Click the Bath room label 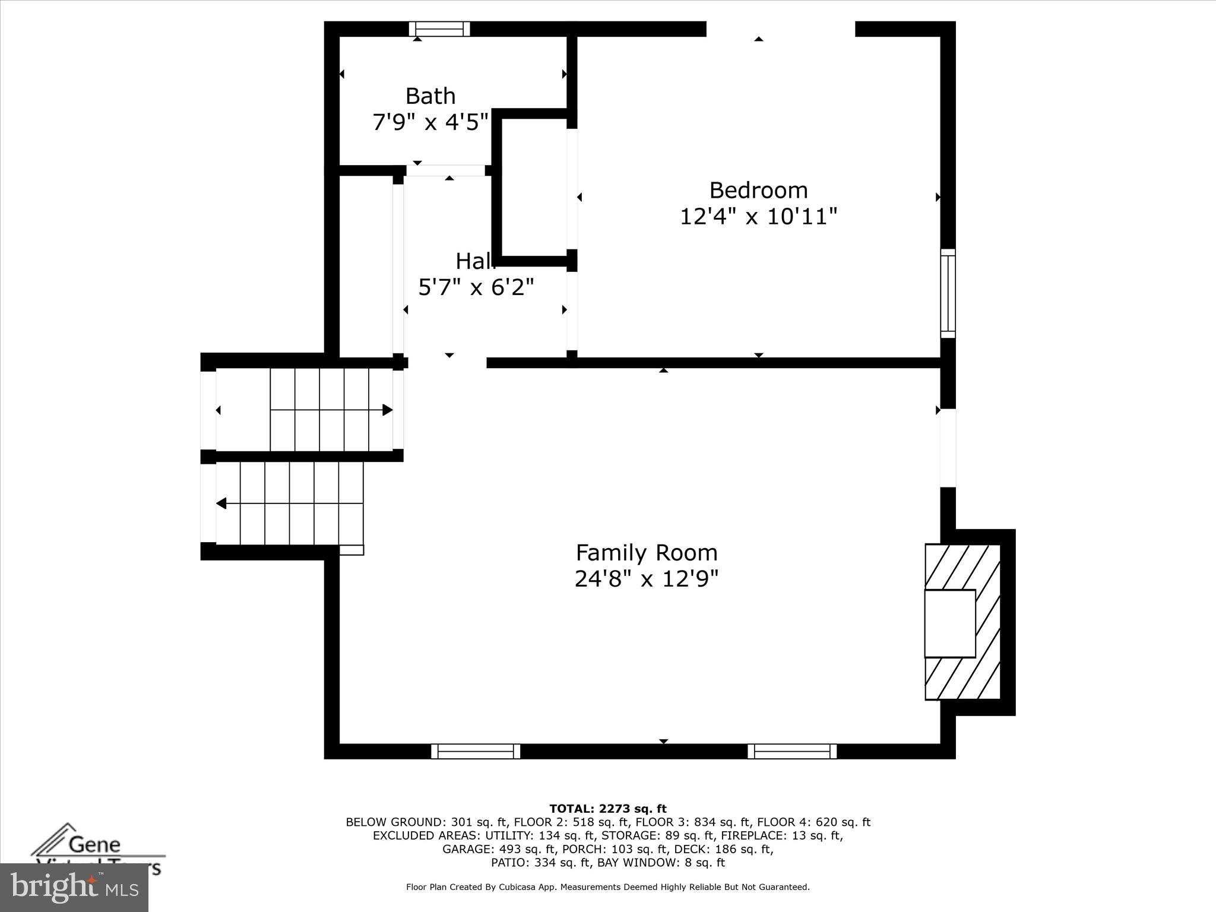(x=430, y=96)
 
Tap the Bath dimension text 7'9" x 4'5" (x=430, y=122)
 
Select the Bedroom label (x=758, y=191)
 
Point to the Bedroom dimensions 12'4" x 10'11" (x=758, y=217)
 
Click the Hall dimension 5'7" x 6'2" (x=476, y=287)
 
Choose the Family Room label (x=647, y=553)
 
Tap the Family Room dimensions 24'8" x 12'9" (x=647, y=578)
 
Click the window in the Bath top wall (x=439, y=29)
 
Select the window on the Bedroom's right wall (x=948, y=293)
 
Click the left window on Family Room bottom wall (x=476, y=751)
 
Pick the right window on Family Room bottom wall (x=792, y=751)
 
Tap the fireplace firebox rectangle (x=950, y=623)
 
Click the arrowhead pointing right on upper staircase (x=388, y=410)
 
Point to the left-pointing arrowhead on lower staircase (x=221, y=503)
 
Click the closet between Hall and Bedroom (x=534, y=187)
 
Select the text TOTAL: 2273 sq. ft (x=607, y=809)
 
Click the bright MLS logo (x=74, y=887)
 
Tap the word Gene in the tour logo (x=94, y=844)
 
